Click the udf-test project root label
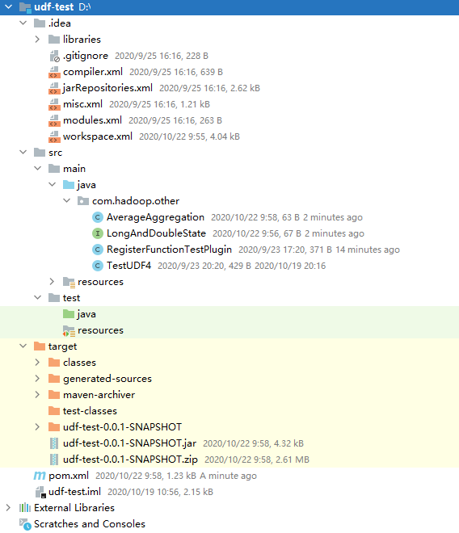[54, 7]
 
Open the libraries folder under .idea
[82, 40]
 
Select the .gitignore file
[86, 56]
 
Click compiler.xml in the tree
[93, 72]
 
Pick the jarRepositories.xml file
[107, 88]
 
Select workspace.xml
[98, 136]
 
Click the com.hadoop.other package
[136, 201]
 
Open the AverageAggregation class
[155, 217]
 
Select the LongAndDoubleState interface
[156, 233]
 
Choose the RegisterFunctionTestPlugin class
[169, 250]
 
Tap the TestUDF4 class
[128, 266]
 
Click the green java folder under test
[86, 314]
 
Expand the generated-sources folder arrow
[37, 378]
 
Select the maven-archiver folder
[99, 395]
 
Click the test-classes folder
[90, 411]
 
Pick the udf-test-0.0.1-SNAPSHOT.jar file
[129, 443]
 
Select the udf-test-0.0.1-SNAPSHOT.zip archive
[130, 460]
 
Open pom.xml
[69, 476]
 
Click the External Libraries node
[74, 508]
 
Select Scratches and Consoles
[90, 524]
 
